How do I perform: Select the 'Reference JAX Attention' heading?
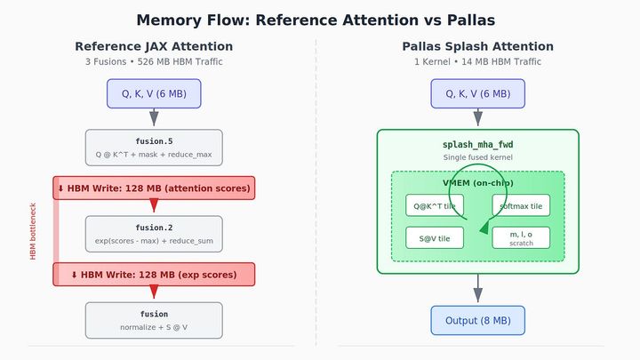tap(154, 46)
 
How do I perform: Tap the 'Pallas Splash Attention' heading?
tap(477, 46)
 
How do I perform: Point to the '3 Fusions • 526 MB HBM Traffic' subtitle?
tap(154, 62)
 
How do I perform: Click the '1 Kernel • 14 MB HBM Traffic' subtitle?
tap(477, 62)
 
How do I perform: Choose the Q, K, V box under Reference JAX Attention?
tap(154, 93)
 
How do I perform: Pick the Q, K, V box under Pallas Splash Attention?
tap(477, 93)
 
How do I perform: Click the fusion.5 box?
tap(154, 148)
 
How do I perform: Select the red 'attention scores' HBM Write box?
tap(154, 188)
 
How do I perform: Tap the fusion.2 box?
tap(154, 234)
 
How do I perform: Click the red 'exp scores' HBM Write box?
tap(154, 274)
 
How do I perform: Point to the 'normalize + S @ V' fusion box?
tap(154, 320)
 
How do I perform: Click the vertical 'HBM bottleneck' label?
tap(34, 230)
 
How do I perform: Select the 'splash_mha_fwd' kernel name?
tap(477, 145)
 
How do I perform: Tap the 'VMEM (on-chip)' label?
tap(477, 182)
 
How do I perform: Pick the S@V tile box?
tap(435, 237)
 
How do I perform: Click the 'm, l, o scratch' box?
tap(521, 237)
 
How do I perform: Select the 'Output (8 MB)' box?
tap(477, 320)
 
